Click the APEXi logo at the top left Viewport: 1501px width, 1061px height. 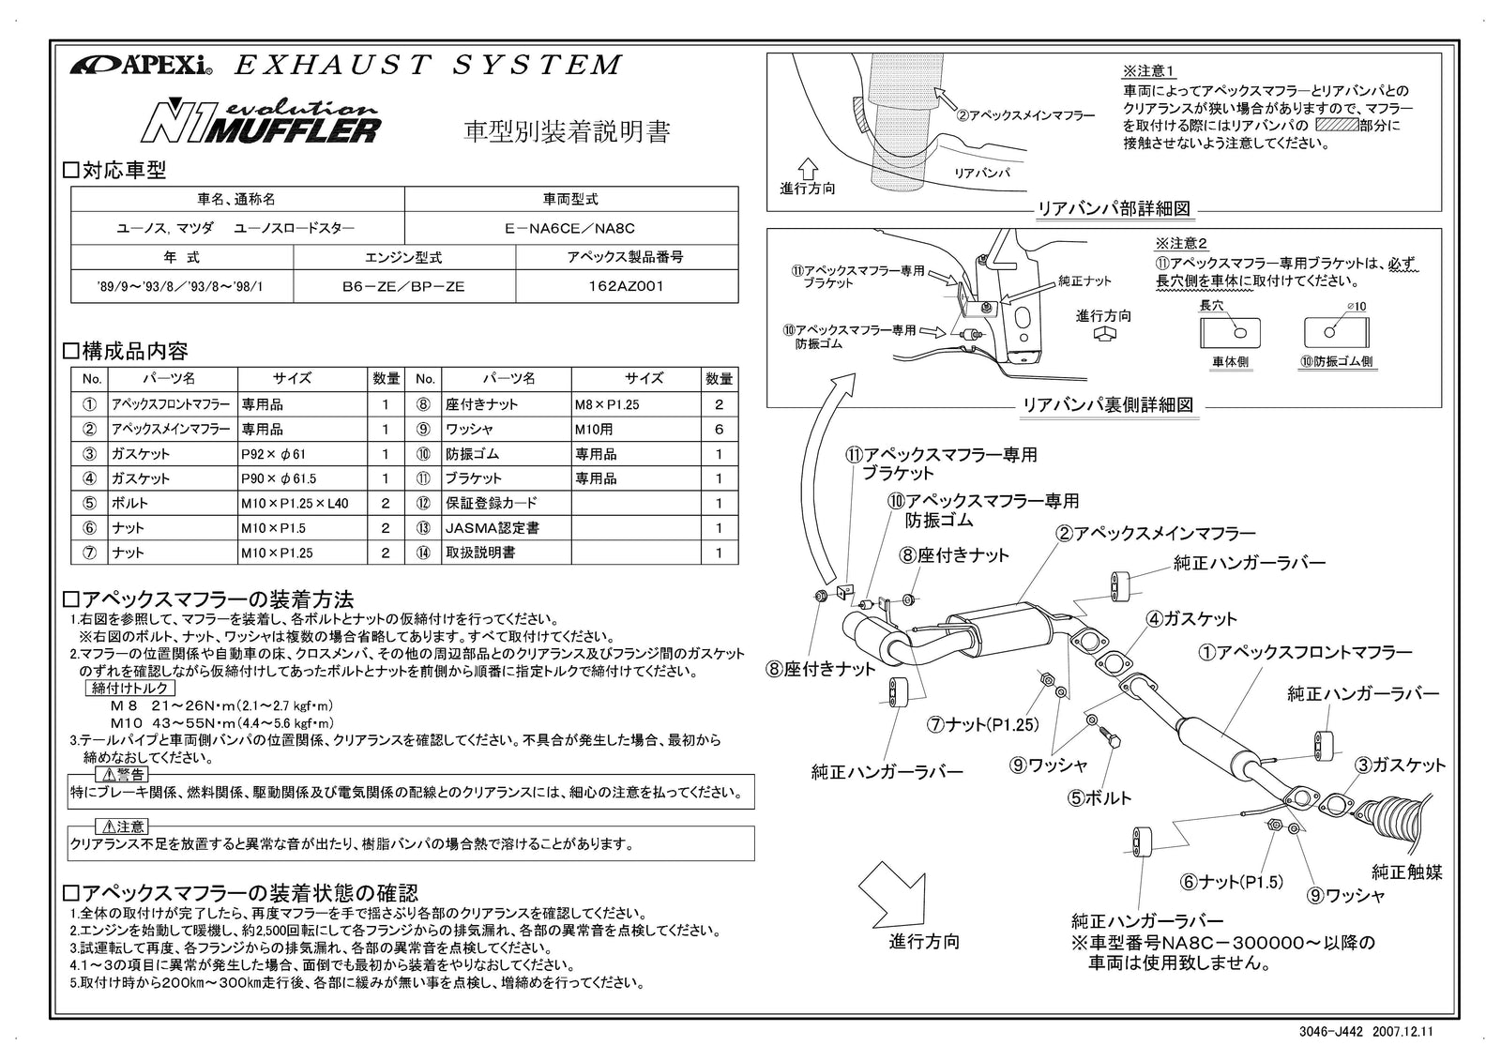pyautogui.click(x=142, y=66)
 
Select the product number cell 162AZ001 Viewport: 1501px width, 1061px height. pyautogui.click(x=627, y=287)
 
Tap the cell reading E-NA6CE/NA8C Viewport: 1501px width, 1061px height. pyautogui.click(x=569, y=228)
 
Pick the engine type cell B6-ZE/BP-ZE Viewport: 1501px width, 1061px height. pyautogui.click(x=403, y=287)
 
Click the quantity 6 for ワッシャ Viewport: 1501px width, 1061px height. pyautogui.click(x=720, y=430)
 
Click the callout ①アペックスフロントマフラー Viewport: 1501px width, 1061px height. pyautogui.click(x=1305, y=652)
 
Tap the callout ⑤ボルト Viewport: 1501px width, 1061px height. pyautogui.click(x=1099, y=798)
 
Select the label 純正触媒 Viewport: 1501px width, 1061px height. pyautogui.click(x=1406, y=872)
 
